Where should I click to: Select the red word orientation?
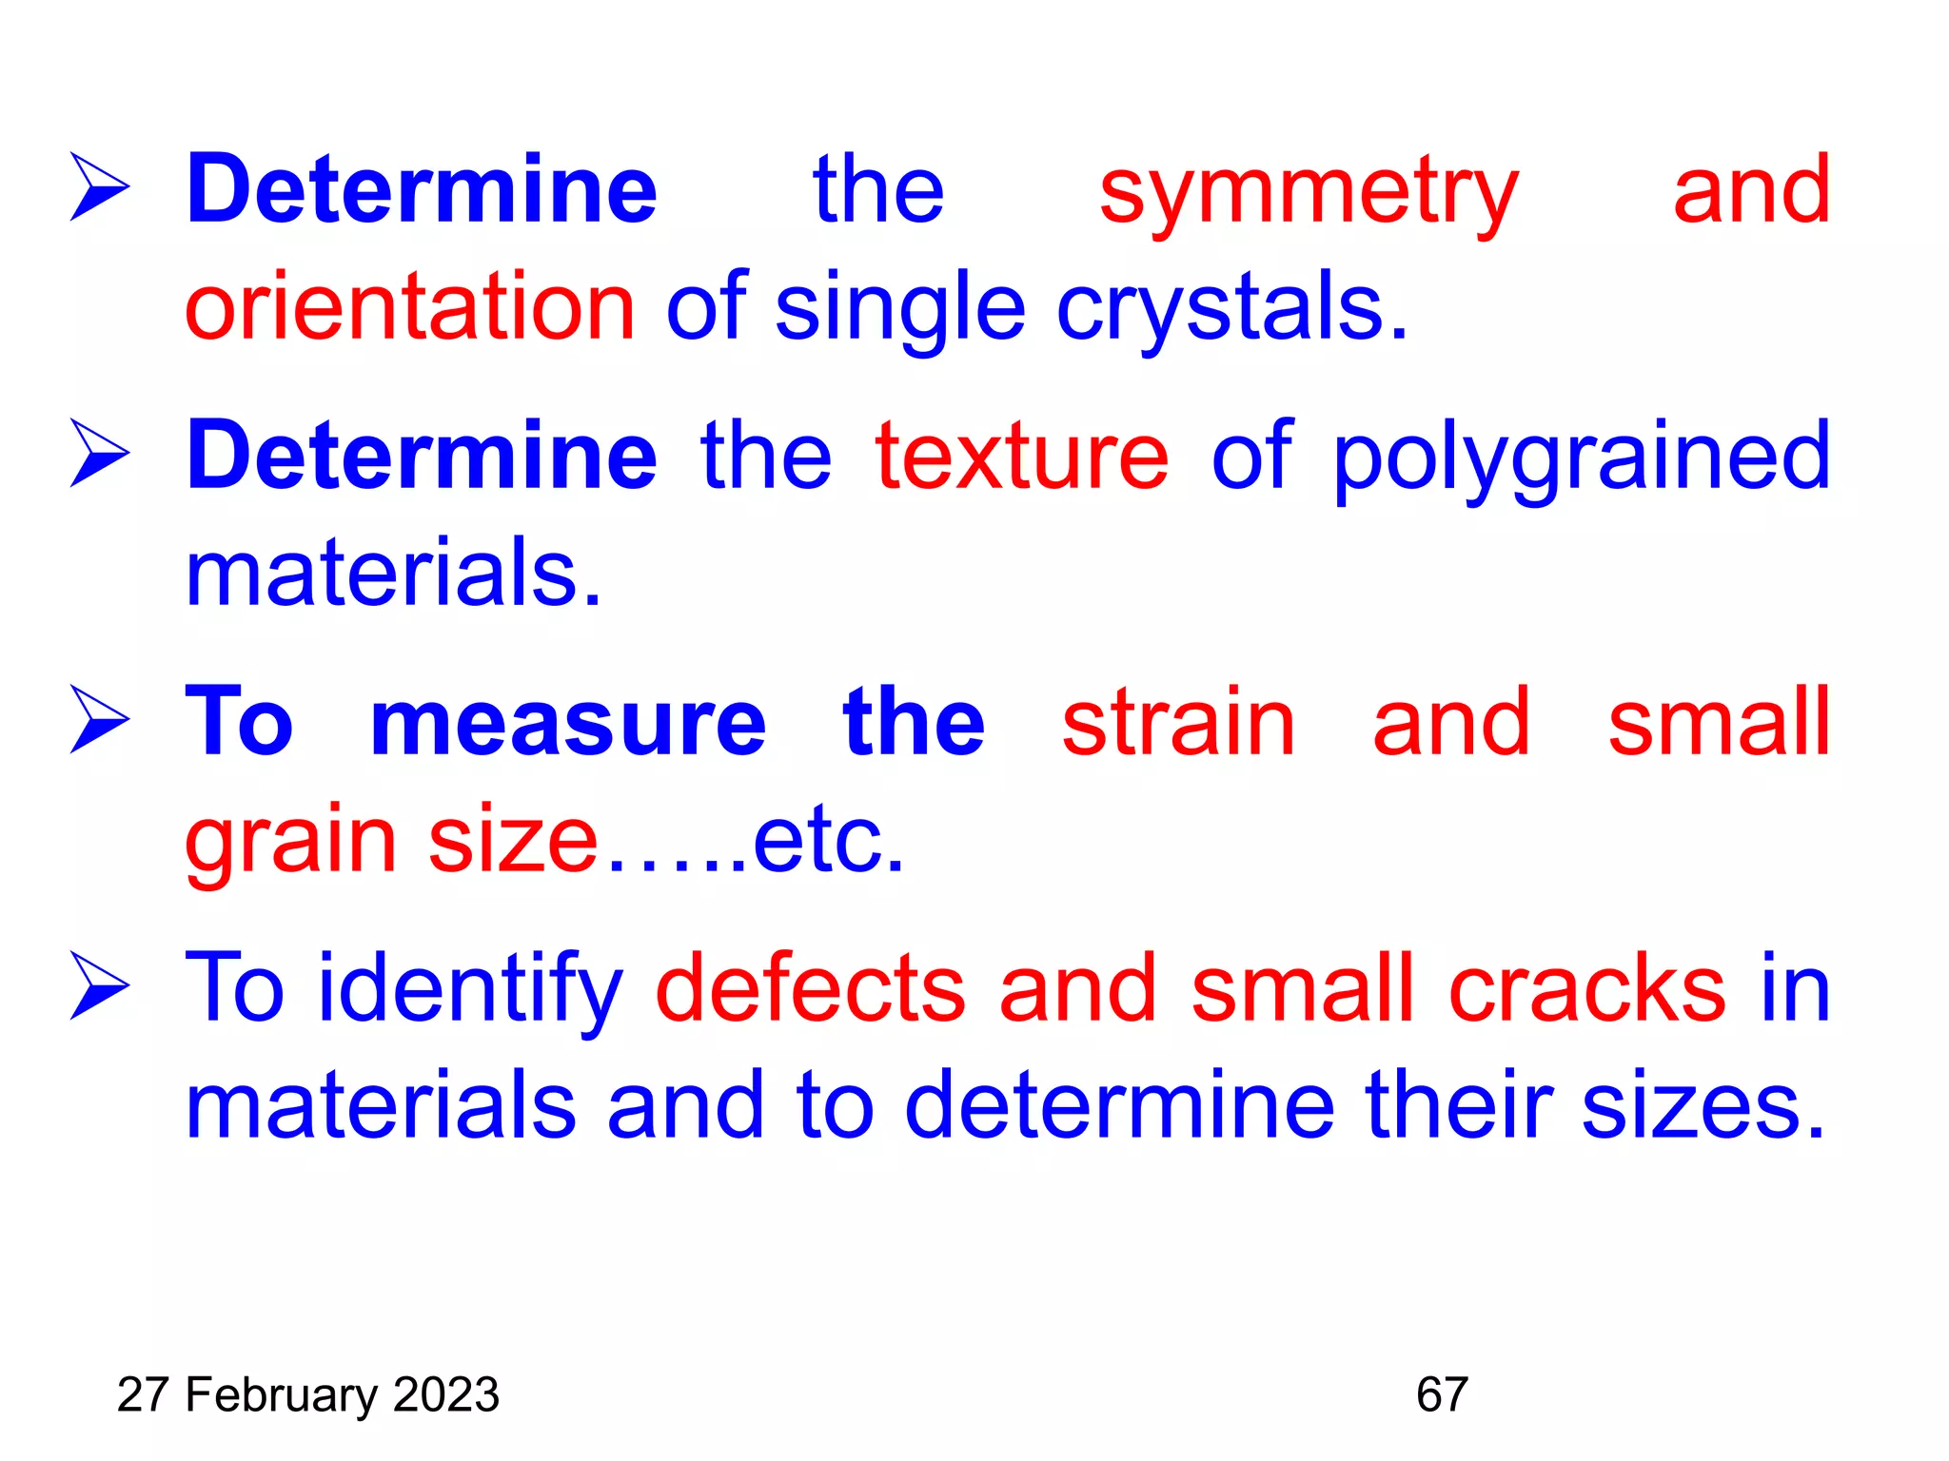(x=409, y=306)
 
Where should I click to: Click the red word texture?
(x=1021, y=458)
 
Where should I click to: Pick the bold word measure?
(x=567, y=724)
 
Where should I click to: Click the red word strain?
(x=1178, y=724)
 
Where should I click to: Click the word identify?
(x=470, y=991)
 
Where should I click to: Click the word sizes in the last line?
(x=1703, y=1106)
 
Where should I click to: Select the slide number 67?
(x=1442, y=1395)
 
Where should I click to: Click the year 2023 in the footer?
(x=446, y=1395)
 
